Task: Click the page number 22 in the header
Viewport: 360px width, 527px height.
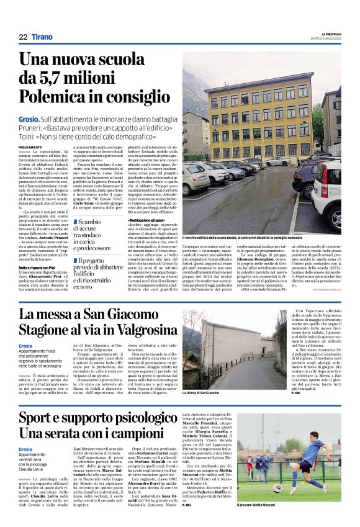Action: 23,38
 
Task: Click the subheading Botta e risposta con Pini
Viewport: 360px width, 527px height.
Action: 38,249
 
